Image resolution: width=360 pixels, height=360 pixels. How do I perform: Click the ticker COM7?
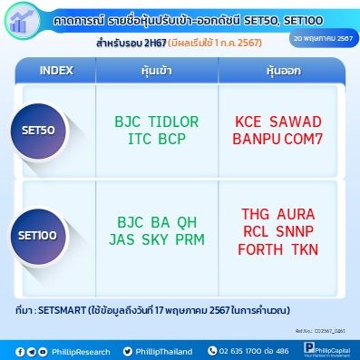point(314,140)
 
